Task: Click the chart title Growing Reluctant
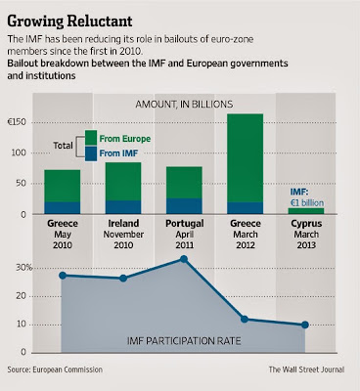[69, 22]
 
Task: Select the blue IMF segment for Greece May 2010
[63, 208]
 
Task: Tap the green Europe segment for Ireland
[123, 182]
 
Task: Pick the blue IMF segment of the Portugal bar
[184, 206]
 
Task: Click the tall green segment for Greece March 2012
[246, 158]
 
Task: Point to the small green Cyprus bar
[306, 211]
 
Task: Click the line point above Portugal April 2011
[184, 259]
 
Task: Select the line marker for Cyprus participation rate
[305, 325]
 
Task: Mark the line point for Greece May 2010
[63, 276]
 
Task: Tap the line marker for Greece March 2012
[245, 320]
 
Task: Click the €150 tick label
[18, 122]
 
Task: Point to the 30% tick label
[24, 268]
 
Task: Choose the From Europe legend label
[125, 139]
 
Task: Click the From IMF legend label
[118, 153]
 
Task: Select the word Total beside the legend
[63, 146]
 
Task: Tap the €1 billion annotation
[307, 202]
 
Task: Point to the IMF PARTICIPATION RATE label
[184, 341]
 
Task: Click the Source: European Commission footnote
[55, 369]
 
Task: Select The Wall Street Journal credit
[306, 369]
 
